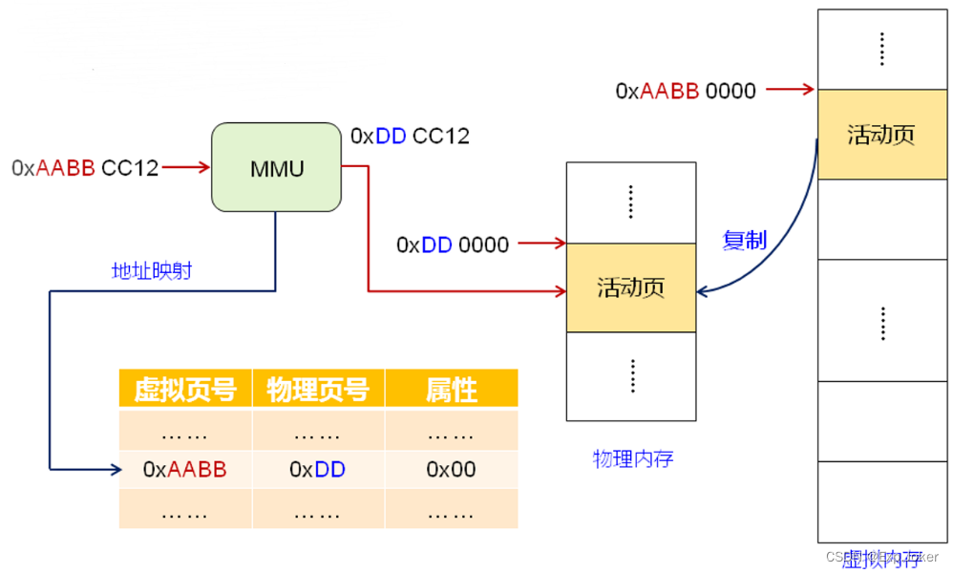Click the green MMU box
click(276, 168)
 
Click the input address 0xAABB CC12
click(85, 168)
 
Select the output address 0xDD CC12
click(410, 137)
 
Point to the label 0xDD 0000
click(453, 245)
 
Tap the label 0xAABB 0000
click(686, 91)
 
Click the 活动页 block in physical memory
click(631, 287)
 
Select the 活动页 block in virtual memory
click(880, 135)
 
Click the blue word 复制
click(745, 240)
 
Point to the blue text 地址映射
click(152, 270)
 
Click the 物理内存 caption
click(633, 459)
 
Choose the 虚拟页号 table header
click(185, 390)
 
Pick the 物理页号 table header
click(318, 390)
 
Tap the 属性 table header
click(452, 390)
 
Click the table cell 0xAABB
click(185, 469)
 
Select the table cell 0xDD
click(318, 469)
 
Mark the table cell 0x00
click(452, 469)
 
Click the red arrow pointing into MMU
click(186, 168)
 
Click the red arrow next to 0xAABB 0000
click(789, 91)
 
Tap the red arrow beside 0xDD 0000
click(540, 245)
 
